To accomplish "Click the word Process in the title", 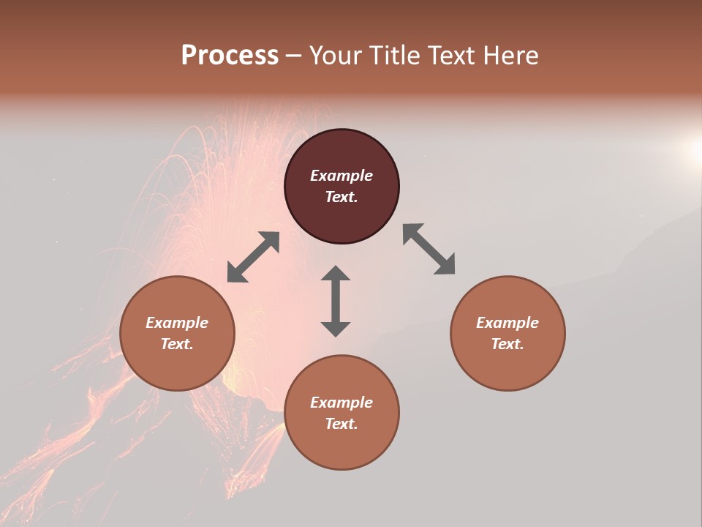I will click(230, 56).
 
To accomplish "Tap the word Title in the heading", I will click(397, 56).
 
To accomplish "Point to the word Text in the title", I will click(453, 56).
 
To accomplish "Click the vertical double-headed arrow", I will click(336, 301).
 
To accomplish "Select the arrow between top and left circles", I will click(253, 257).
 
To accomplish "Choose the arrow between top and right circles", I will click(429, 249).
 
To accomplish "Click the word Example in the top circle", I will click(341, 176).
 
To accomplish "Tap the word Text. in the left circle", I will click(177, 344).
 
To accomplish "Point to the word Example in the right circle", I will click(507, 323).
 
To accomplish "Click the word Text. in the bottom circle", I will click(341, 424).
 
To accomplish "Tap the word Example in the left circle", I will click(177, 323).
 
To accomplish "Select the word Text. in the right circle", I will click(507, 344).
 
